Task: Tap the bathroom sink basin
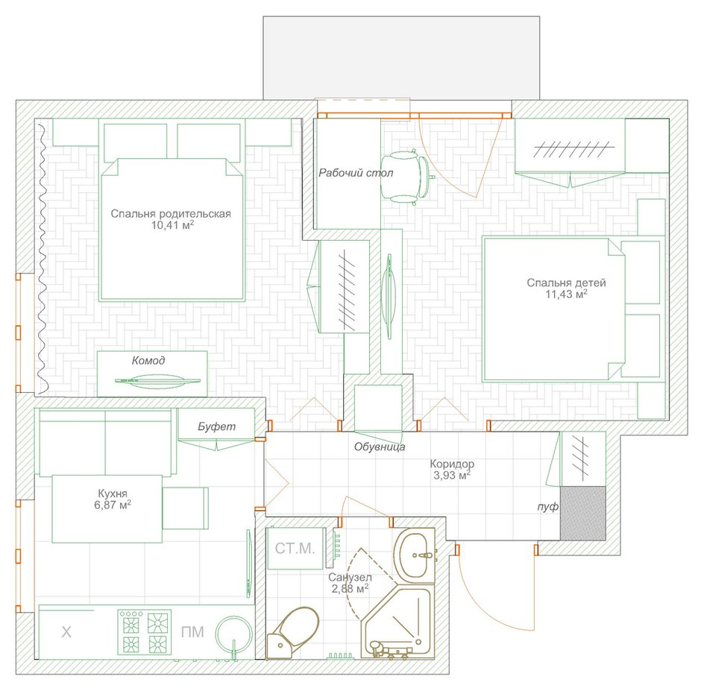pyautogui.click(x=414, y=556)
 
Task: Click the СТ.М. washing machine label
pyautogui.click(x=295, y=548)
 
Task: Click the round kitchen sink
pyautogui.click(x=233, y=634)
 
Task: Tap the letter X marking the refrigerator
pyautogui.click(x=66, y=631)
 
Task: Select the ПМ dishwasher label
pyautogui.click(x=192, y=631)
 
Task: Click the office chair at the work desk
pyautogui.click(x=406, y=177)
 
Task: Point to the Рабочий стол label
pyautogui.click(x=356, y=173)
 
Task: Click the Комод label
pyautogui.click(x=148, y=361)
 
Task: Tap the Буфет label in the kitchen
pyautogui.click(x=217, y=426)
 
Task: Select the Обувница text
pyautogui.click(x=380, y=446)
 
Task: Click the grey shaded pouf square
pyautogui.click(x=583, y=514)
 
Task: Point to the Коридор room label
pyautogui.click(x=452, y=464)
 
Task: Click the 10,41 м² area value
pyautogui.click(x=172, y=224)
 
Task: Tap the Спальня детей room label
pyautogui.click(x=566, y=283)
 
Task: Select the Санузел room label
pyautogui.click(x=350, y=578)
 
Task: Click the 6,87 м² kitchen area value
pyautogui.click(x=113, y=505)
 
